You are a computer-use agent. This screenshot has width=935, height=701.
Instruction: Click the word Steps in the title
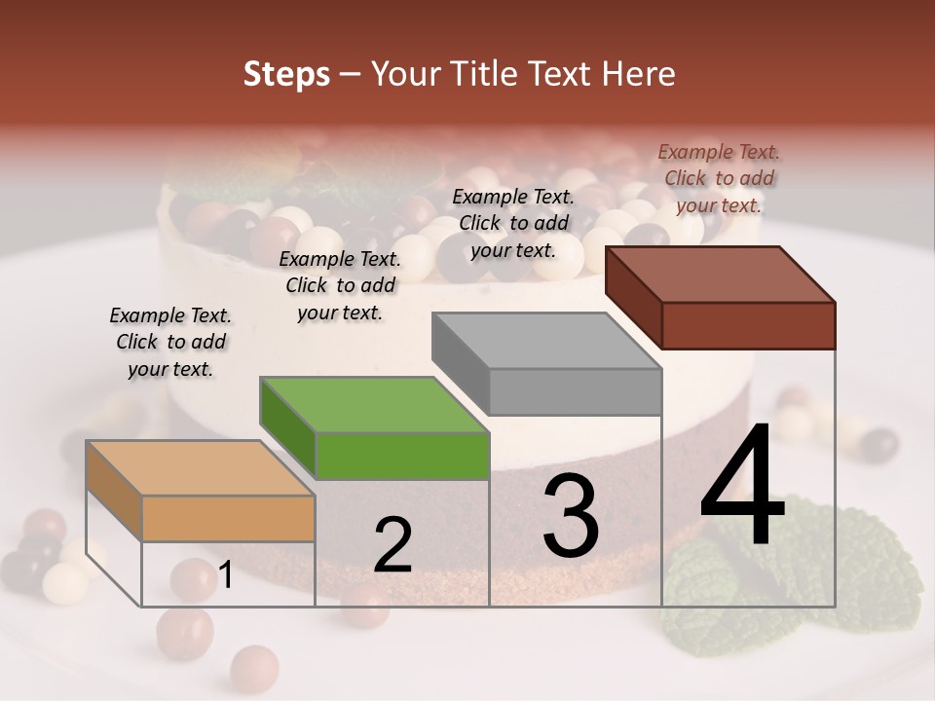[286, 74]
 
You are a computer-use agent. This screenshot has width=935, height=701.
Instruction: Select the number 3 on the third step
[570, 516]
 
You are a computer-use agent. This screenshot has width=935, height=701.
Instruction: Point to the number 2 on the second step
[393, 545]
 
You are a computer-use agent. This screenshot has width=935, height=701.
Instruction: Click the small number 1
[226, 575]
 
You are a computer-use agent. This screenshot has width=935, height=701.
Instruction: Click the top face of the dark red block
[721, 274]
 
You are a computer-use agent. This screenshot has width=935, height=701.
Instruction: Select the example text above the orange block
[170, 343]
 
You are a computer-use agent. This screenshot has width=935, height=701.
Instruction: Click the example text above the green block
[340, 286]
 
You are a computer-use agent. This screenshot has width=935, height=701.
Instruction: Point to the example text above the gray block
[513, 224]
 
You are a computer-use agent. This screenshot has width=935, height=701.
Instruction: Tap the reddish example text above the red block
[719, 178]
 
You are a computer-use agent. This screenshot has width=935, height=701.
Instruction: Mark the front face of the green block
[402, 456]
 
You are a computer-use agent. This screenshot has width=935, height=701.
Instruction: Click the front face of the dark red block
[748, 325]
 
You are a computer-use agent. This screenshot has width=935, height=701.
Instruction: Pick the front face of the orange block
[228, 518]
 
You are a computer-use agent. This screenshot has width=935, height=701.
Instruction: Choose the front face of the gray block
[575, 391]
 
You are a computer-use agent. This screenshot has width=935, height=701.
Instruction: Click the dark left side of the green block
[287, 428]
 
